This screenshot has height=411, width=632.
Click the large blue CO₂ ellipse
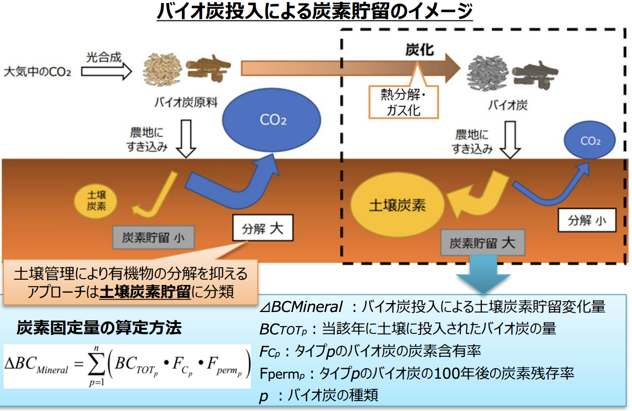pyautogui.click(x=272, y=120)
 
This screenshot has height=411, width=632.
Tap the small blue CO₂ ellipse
pyautogui.click(x=590, y=140)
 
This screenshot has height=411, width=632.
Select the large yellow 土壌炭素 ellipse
pyautogui.click(x=397, y=205)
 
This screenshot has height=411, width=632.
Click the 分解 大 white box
pyautogui.click(x=263, y=228)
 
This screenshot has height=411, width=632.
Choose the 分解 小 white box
pyautogui.click(x=587, y=220)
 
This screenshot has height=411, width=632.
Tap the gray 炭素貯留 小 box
pyautogui.click(x=153, y=238)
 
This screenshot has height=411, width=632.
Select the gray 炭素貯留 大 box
pyautogui.click(x=483, y=242)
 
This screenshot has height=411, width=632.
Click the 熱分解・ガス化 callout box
pyautogui.click(x=404, y=102)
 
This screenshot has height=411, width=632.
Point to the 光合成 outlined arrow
pyautogui.click(x=106, y=71)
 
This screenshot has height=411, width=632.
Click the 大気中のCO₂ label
pyautogui.click(x=37, y=72)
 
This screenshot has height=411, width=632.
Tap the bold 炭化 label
pyautogui.click(x=420, y=49)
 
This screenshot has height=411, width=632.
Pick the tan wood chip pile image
pyautogui.click(x=162, y=69)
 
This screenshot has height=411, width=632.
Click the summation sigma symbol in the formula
pyautogui.click(x=96, y=364)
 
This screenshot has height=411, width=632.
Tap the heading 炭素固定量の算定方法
pyautogui.click(x=99, y=328)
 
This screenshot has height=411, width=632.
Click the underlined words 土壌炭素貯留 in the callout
pyautogui.click(x=145, y=292)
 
